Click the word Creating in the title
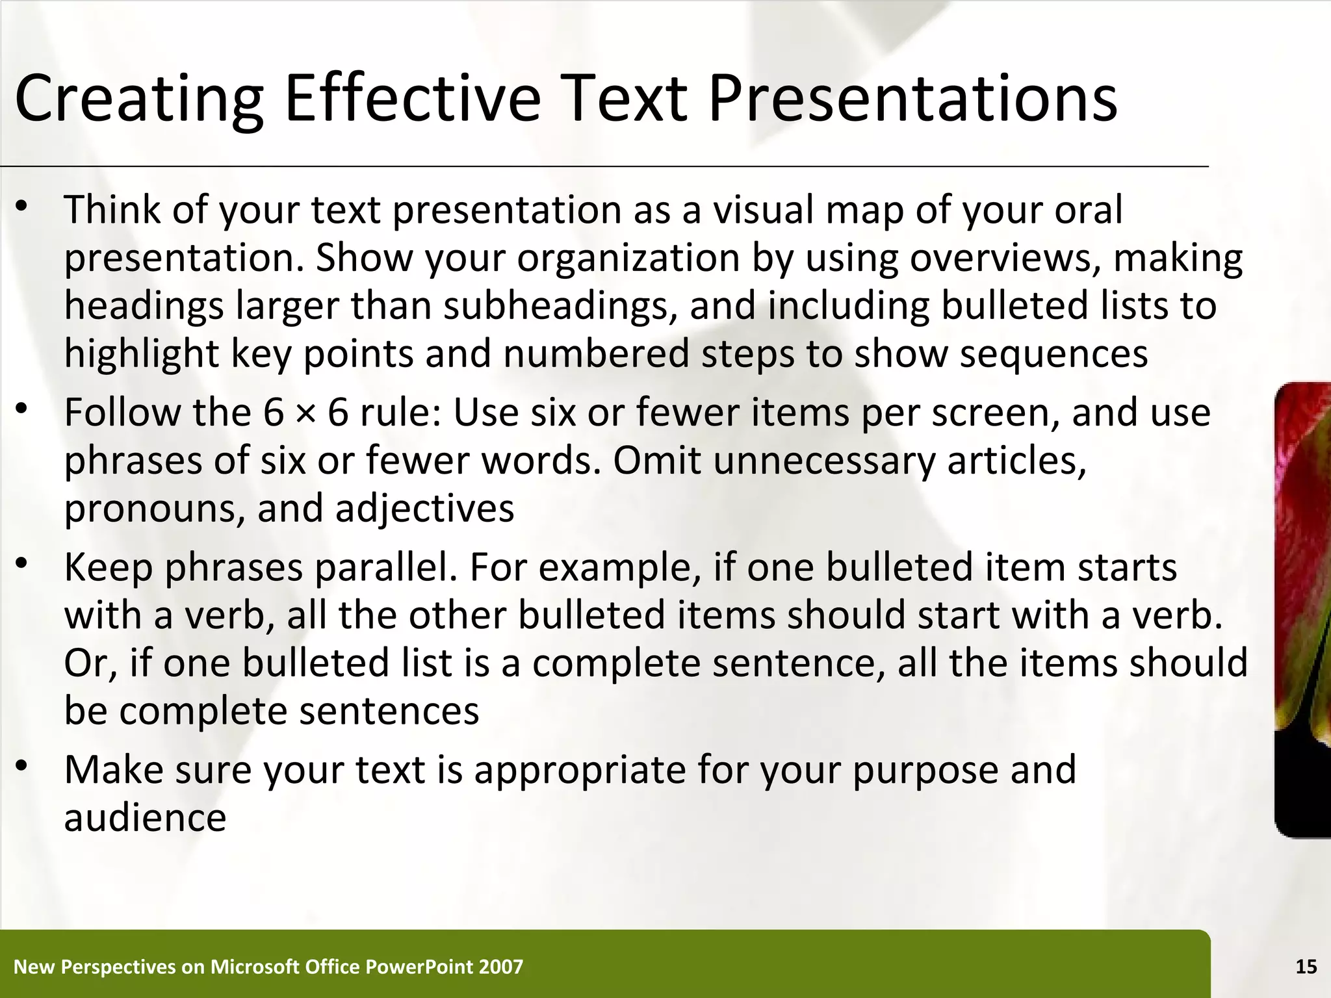[138, 99]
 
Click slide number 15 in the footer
[1306, 967]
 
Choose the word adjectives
[424, 508]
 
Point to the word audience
[145, 817]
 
